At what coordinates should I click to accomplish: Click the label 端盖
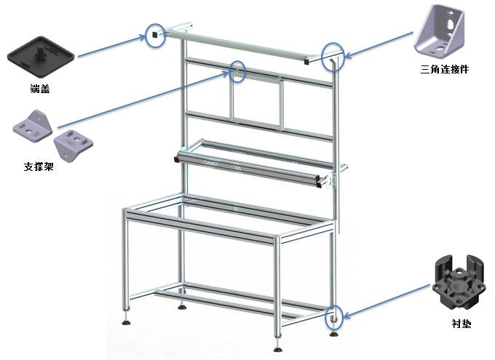40,89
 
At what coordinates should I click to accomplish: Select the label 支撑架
39,167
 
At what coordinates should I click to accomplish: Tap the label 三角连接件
445,69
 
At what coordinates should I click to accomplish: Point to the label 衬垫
462,324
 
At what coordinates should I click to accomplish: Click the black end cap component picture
41,57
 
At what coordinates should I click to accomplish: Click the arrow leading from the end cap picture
112,47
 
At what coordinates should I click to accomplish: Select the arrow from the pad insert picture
387,300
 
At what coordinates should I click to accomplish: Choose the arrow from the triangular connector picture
379,44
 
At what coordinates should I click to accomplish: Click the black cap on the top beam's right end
306,61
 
